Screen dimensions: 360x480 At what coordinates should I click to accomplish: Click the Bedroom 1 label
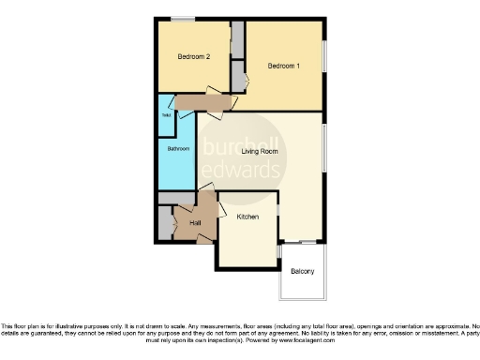(x=283, y=66)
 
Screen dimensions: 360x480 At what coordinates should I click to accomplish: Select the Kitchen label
(x=247, y=217)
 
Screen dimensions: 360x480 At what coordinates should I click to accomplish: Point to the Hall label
(x=196, y=222)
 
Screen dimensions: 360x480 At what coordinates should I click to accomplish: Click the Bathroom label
(x=178, y=149)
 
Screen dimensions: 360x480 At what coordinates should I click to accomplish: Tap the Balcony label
(x=302, y=272)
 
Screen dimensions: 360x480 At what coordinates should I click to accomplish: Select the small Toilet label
(x=165, y=116)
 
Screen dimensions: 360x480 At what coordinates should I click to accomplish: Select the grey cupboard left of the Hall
(x=165, y=222)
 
